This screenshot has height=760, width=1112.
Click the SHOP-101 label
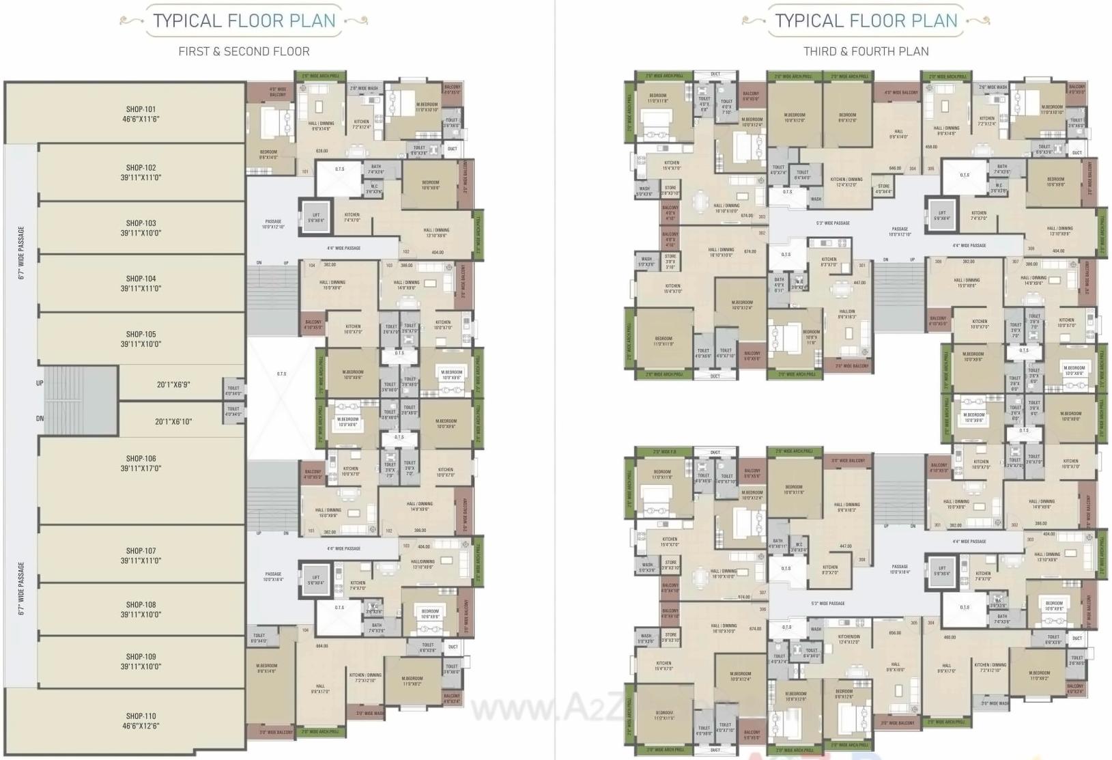[x=141, y=109]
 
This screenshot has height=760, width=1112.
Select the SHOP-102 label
[x=141, y=168]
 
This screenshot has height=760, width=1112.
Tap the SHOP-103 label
[x=141, y=223]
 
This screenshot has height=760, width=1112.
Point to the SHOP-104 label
[x=141, y=279]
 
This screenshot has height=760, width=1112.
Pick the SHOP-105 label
[x=141, y=335]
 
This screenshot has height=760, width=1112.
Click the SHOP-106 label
[x=141, y=459]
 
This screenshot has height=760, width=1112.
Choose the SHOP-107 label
[x=141, y=551]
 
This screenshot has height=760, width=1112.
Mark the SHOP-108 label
[x=141, y=605]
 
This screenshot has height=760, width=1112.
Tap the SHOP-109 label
[x=141, y=657]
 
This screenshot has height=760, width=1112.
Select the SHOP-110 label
[x=141, y=716]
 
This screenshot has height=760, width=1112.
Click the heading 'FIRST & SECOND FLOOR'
[x=244, y=51]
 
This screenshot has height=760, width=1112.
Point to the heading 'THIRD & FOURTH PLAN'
[x=866, y=51]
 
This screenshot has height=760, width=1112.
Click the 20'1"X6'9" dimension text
[x=173, y=385]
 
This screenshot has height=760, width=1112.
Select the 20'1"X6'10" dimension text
[x=173, y=422]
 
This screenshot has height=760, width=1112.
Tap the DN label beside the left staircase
[x=40, y=419]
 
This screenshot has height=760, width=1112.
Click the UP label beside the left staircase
[x=40, y=383]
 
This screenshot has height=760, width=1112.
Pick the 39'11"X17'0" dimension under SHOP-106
[x=141, y=469]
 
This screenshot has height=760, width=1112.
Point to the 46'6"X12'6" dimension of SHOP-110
[x=141, y=727]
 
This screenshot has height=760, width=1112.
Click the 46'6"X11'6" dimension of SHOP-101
[x=141, y=119]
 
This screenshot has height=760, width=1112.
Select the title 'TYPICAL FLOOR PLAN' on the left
[x=244, y=20]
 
